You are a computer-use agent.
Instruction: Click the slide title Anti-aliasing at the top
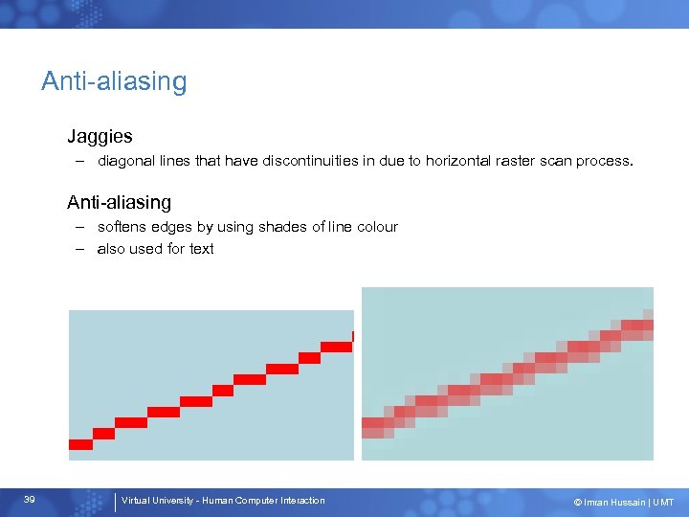pos(114,81)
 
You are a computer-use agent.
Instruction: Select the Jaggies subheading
pos(100,137)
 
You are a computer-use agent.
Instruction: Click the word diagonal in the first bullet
pos(124,162)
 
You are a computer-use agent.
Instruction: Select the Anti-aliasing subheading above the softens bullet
pos(119,202)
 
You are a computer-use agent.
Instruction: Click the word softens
pos(122,227)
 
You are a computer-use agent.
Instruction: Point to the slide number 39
pos(30,501)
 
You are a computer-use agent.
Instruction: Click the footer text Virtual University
pos(156,501)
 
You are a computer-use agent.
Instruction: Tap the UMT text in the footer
pos(663,502)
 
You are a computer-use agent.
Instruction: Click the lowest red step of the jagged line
pos(80,444)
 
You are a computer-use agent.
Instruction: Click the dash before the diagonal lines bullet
pos(83,162)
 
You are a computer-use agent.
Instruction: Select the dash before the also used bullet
pos(83,249)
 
